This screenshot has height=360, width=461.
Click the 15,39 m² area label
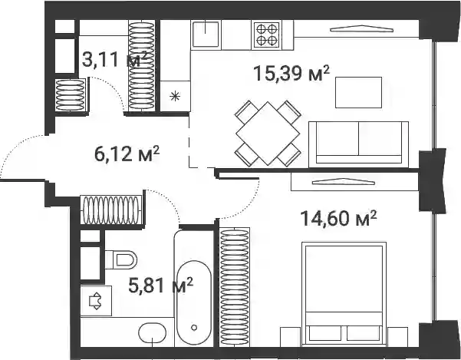point(291,73)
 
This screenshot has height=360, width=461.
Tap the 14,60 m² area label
point(338,218)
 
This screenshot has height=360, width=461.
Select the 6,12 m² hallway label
point(127,154)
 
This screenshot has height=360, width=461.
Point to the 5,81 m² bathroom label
point(160,285)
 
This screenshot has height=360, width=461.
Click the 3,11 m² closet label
point(114,59)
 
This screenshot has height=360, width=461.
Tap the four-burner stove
point(267,35)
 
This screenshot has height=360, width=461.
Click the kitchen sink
point(206,35)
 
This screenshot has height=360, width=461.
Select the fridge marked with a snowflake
point(175,96)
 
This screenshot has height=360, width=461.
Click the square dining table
point(268,134)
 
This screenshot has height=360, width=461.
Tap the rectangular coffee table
point(359,92)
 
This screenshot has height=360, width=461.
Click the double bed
point(344,293)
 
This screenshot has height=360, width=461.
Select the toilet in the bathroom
point(121,260)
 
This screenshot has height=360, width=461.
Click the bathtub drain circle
point(194,327)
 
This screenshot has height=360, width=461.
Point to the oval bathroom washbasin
point(153,333)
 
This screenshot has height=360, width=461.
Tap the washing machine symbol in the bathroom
point(96,301)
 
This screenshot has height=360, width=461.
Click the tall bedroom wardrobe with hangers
point(235,287)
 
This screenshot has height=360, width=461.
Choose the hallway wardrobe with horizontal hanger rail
point(111,210)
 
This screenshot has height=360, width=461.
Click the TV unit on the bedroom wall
point(354,182)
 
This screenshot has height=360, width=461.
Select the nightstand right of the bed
point(397,337)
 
